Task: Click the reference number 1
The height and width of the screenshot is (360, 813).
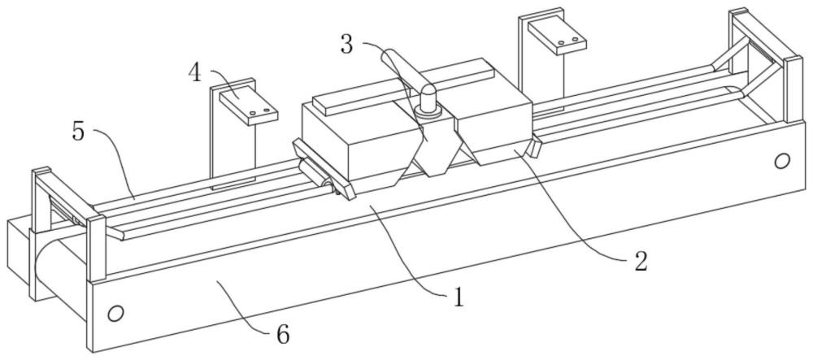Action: pos(458,298)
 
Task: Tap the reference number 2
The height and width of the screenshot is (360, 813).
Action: pos(641,262)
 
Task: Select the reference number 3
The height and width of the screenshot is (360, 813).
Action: pos(347,45)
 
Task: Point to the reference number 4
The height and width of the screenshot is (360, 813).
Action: pos(195,73)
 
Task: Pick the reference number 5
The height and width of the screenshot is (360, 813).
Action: pos(78,132)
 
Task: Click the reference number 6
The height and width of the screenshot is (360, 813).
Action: pos(283,334)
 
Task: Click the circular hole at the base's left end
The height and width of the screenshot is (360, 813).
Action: pos(115,314)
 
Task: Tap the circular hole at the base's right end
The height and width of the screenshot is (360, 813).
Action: pos(782,162)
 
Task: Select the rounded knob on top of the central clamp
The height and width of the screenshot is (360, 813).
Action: pos(428,98)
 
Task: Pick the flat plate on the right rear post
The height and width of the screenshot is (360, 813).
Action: pos(556,35)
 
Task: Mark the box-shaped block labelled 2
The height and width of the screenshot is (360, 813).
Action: pos(493,129)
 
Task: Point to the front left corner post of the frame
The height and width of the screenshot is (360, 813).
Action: pos(97,249)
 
